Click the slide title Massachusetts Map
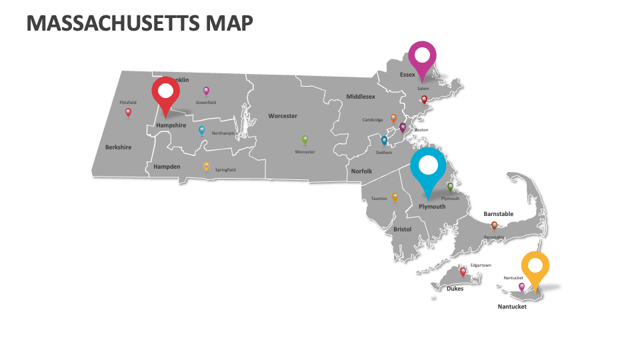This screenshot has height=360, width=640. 140,23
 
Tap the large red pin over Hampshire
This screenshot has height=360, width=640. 165,93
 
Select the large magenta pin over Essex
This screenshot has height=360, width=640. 422,57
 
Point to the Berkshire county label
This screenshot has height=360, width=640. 118,147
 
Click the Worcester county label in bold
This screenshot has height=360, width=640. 283,116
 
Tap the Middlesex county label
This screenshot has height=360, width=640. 361,97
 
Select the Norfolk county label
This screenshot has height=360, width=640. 361,171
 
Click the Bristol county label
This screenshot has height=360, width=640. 403,229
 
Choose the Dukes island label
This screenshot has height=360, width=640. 455,289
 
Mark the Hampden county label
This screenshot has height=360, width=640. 167,167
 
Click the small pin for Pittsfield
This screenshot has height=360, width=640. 128,112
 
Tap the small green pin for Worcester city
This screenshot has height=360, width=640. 305,140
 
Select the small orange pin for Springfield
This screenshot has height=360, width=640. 206,166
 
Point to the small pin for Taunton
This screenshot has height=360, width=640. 395,197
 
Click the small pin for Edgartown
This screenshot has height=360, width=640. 463,271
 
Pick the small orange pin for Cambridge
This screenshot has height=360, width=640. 393,119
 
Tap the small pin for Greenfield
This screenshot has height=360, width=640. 206,91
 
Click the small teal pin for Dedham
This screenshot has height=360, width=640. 384,140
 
